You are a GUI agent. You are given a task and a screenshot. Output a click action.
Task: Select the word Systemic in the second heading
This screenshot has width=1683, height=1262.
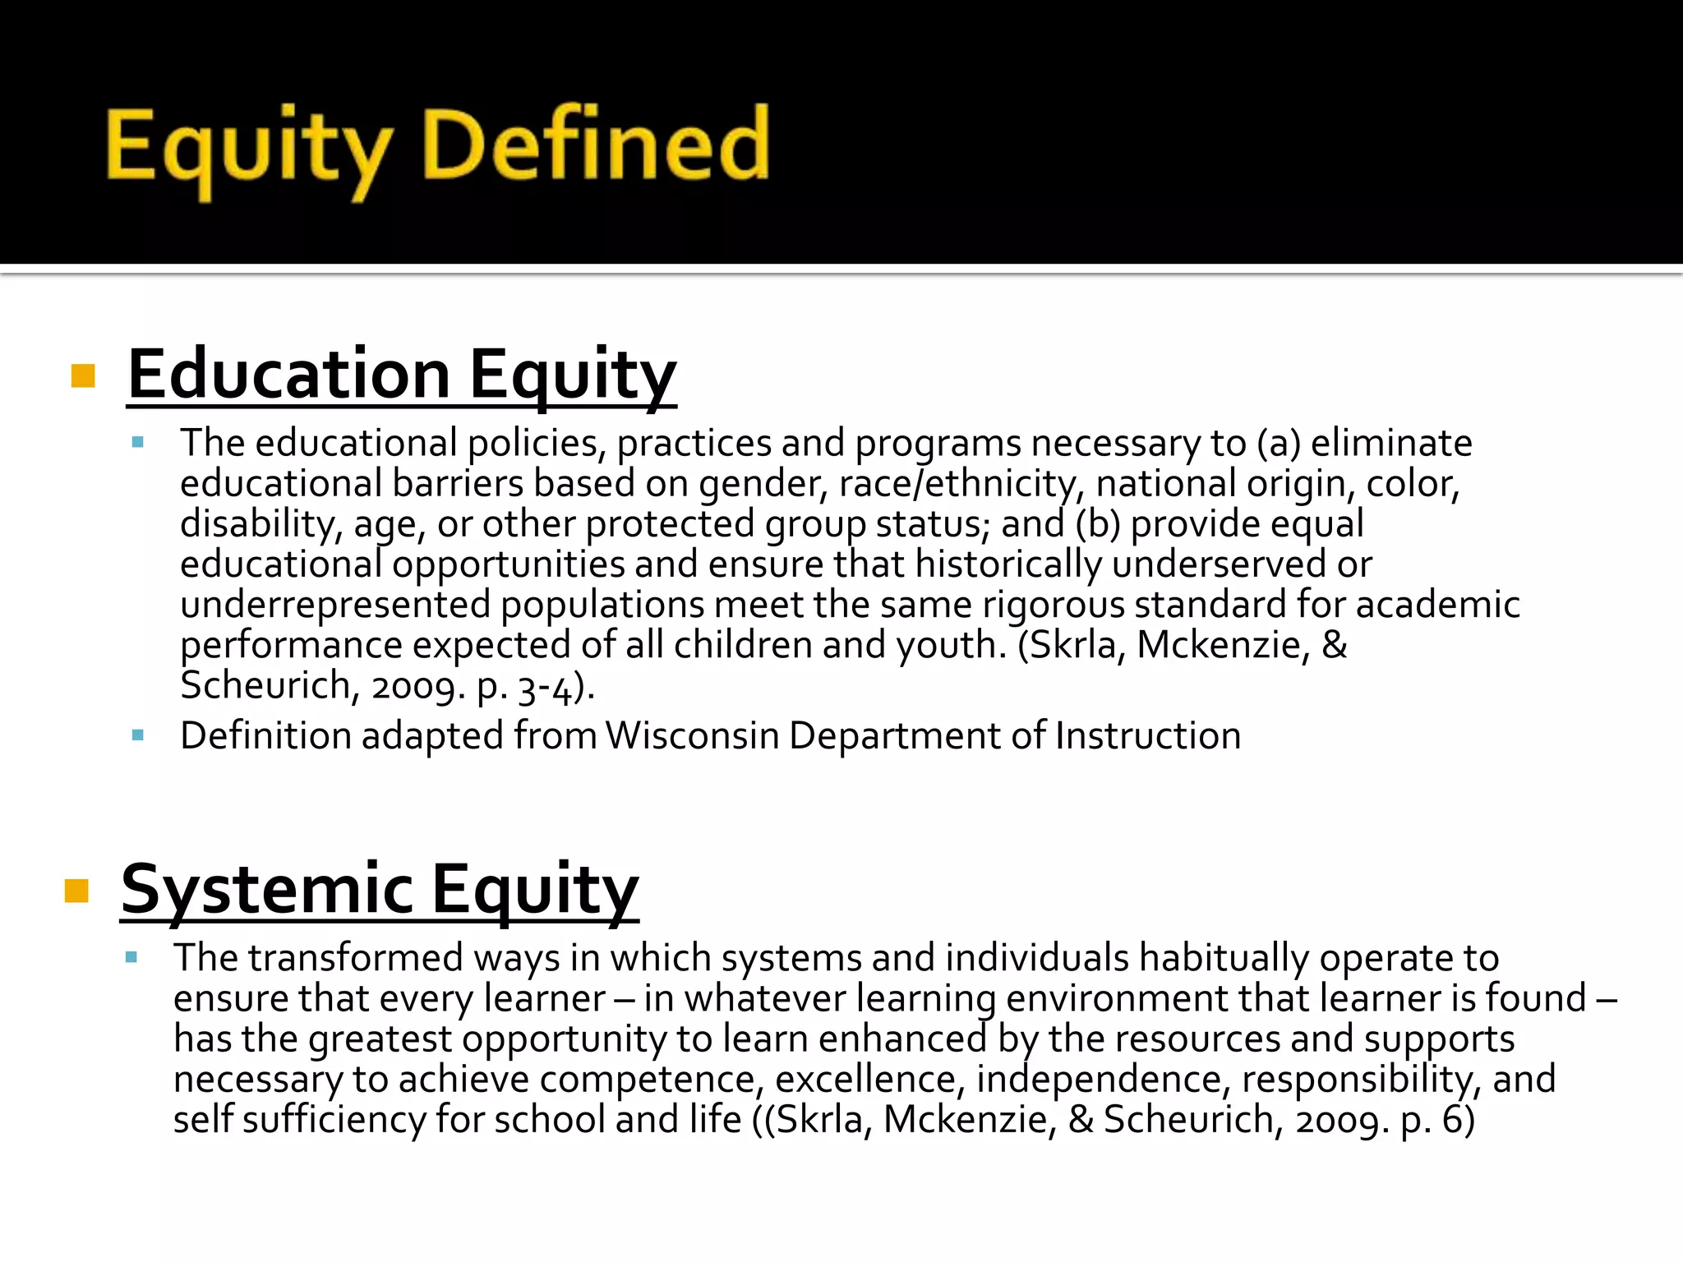(x=267, y=889)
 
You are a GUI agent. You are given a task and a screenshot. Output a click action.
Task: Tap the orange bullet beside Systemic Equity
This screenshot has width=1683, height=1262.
(x=76, y=891)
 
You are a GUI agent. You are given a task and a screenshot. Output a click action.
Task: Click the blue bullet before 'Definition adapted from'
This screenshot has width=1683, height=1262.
(x=137, y=735)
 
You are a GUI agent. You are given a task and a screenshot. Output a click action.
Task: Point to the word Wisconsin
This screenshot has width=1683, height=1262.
(x=693, y=735)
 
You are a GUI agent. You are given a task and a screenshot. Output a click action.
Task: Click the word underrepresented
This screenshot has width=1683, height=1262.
(x=335, y=605)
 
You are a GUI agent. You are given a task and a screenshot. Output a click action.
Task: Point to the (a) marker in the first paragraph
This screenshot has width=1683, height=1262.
(x=1279, y=444)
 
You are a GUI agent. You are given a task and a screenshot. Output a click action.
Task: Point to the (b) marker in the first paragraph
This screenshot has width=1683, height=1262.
(x=1098, y=524)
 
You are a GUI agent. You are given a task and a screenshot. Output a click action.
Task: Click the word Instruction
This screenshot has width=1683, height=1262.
(x=1148, y=735)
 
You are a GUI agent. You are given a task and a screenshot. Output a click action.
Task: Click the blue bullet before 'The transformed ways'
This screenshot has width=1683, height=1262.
(x=131, y=957)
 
